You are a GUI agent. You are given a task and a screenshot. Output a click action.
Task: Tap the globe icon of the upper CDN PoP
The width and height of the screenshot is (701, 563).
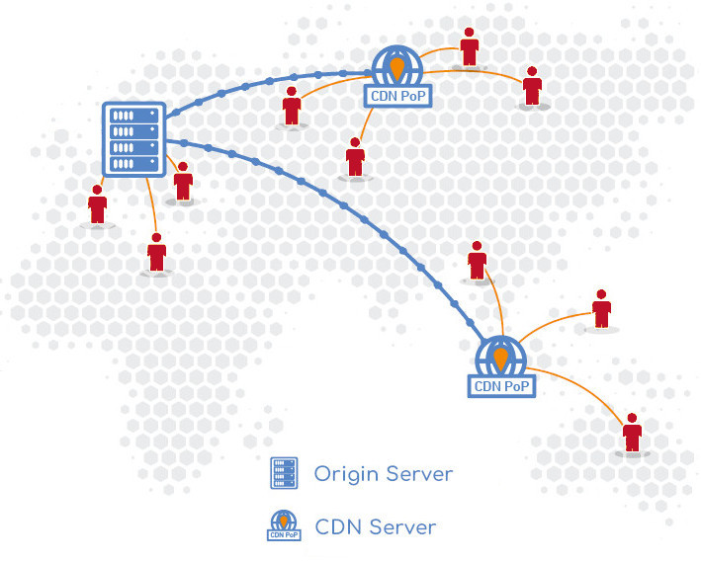[x=396, y=67]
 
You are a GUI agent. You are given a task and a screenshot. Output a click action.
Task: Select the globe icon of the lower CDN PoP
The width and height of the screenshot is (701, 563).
[x=500, y=357]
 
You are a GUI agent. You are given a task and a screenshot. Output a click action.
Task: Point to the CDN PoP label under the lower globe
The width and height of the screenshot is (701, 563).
[x=501, y=385]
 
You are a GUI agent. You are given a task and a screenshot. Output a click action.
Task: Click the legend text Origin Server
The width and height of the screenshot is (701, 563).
[x=383, y=474]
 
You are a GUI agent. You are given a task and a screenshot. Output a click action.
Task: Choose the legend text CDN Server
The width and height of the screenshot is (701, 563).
[x=375, y=526]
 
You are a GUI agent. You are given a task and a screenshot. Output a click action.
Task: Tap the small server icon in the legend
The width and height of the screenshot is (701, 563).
[x=285, y=474]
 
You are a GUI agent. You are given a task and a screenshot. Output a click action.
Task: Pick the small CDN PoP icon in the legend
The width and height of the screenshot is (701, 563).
[x=284, y=526]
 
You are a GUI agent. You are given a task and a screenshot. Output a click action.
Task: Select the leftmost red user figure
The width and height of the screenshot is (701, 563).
[x=97, y=205]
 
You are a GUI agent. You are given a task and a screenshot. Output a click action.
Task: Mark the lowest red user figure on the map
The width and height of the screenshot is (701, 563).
[x=632, y=433]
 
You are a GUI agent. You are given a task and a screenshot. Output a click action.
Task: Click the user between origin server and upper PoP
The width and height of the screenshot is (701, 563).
[x=292, y=106]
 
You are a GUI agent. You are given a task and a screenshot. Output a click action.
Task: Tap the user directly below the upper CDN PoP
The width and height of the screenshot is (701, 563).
[x=356, y=158]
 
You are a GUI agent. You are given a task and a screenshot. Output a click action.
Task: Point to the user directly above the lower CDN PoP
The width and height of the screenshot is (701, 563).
[x=478, y=262]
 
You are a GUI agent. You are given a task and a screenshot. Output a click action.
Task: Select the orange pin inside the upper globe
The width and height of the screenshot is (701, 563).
[x=396, y=67]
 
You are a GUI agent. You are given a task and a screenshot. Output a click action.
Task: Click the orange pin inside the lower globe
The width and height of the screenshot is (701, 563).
[x=500, y=356]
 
